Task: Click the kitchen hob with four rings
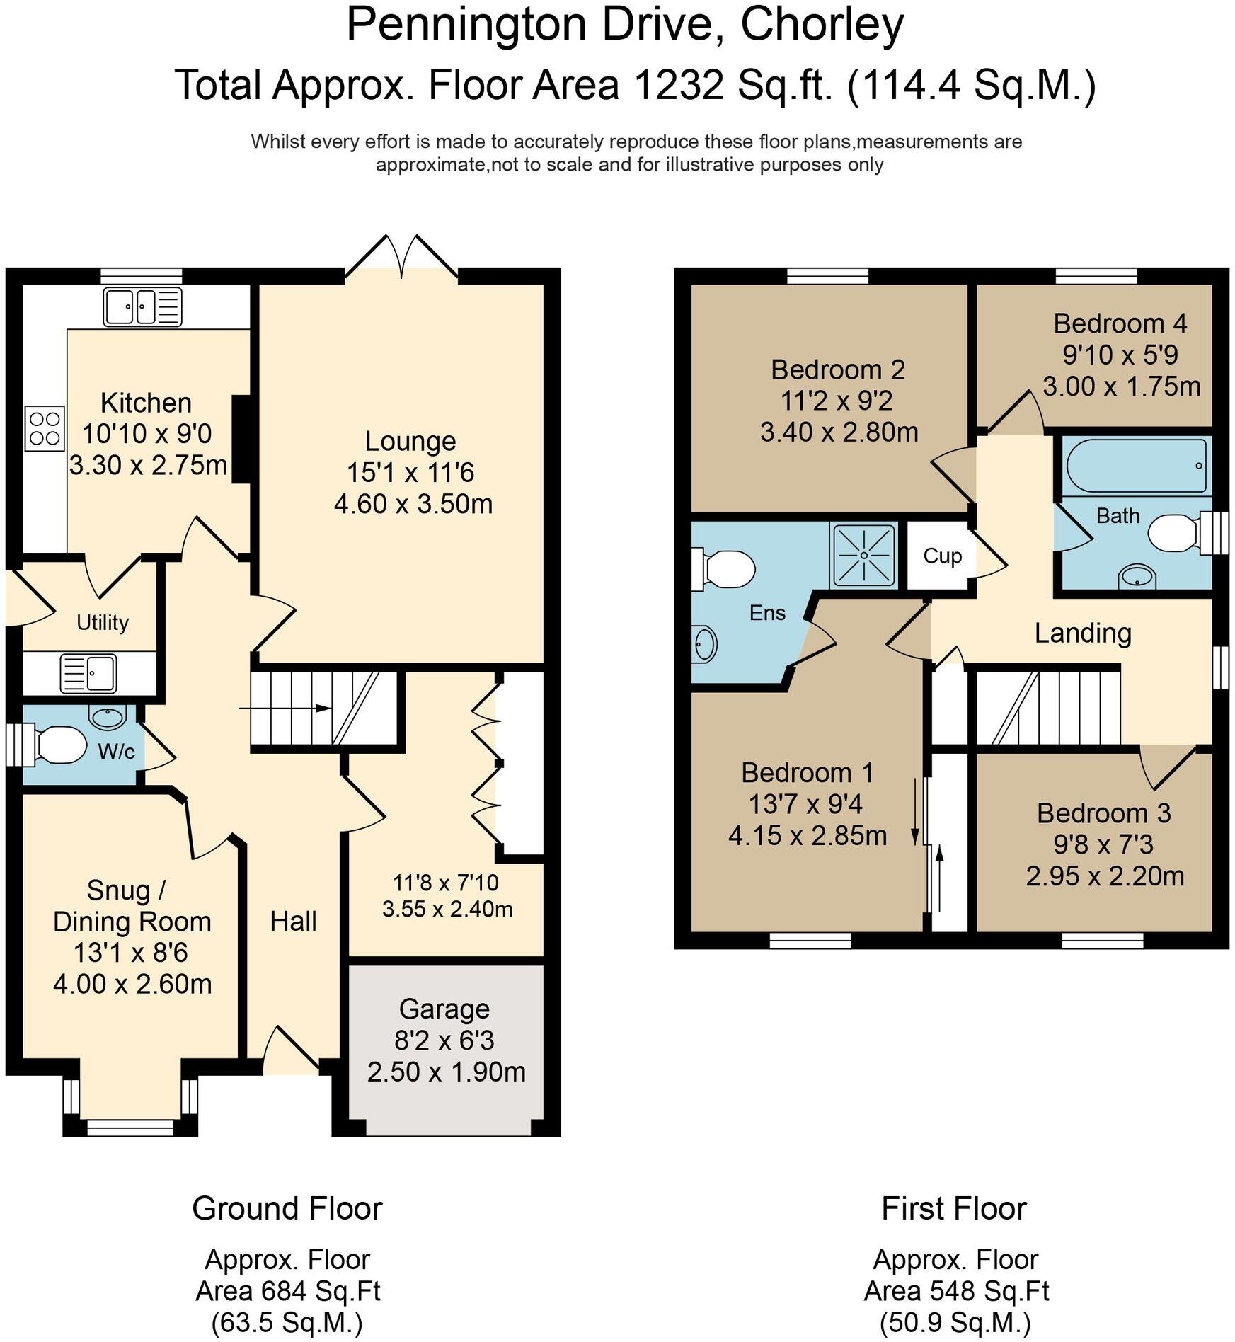[x=45, y=428]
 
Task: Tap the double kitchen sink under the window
[x=142, y=306]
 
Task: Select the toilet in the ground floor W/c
[x=59, y=745]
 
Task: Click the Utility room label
[x=103, y=623]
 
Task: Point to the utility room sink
[x=89, y=672]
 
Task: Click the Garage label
[x=444, y=1009]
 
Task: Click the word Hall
[x=293, y=921]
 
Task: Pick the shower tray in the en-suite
[x=863, y=556]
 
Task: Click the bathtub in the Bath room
[x=1136, y=466]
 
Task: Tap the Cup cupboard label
[x=942, y=556]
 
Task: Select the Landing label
[x=1083, y=633]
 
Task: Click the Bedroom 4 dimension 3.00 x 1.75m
[x=1122, y=386]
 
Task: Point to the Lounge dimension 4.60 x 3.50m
[x=413, y=504]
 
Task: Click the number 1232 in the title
[x=678, y=86]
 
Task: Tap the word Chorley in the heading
[x=822, y=25]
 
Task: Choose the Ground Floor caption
[x=287, y=1208]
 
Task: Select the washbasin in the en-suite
[x=706, y=644]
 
